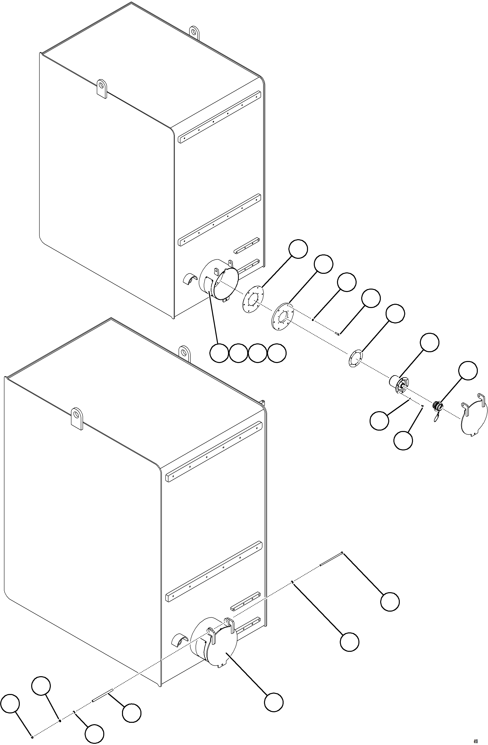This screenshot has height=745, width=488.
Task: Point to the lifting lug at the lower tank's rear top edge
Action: pyautogui.click(x=185, y=353)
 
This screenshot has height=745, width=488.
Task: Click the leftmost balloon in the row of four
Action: pyautogui.click(x=219, y=353)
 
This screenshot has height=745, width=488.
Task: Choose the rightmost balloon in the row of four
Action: pyautogui.click(x=277, y=353)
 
